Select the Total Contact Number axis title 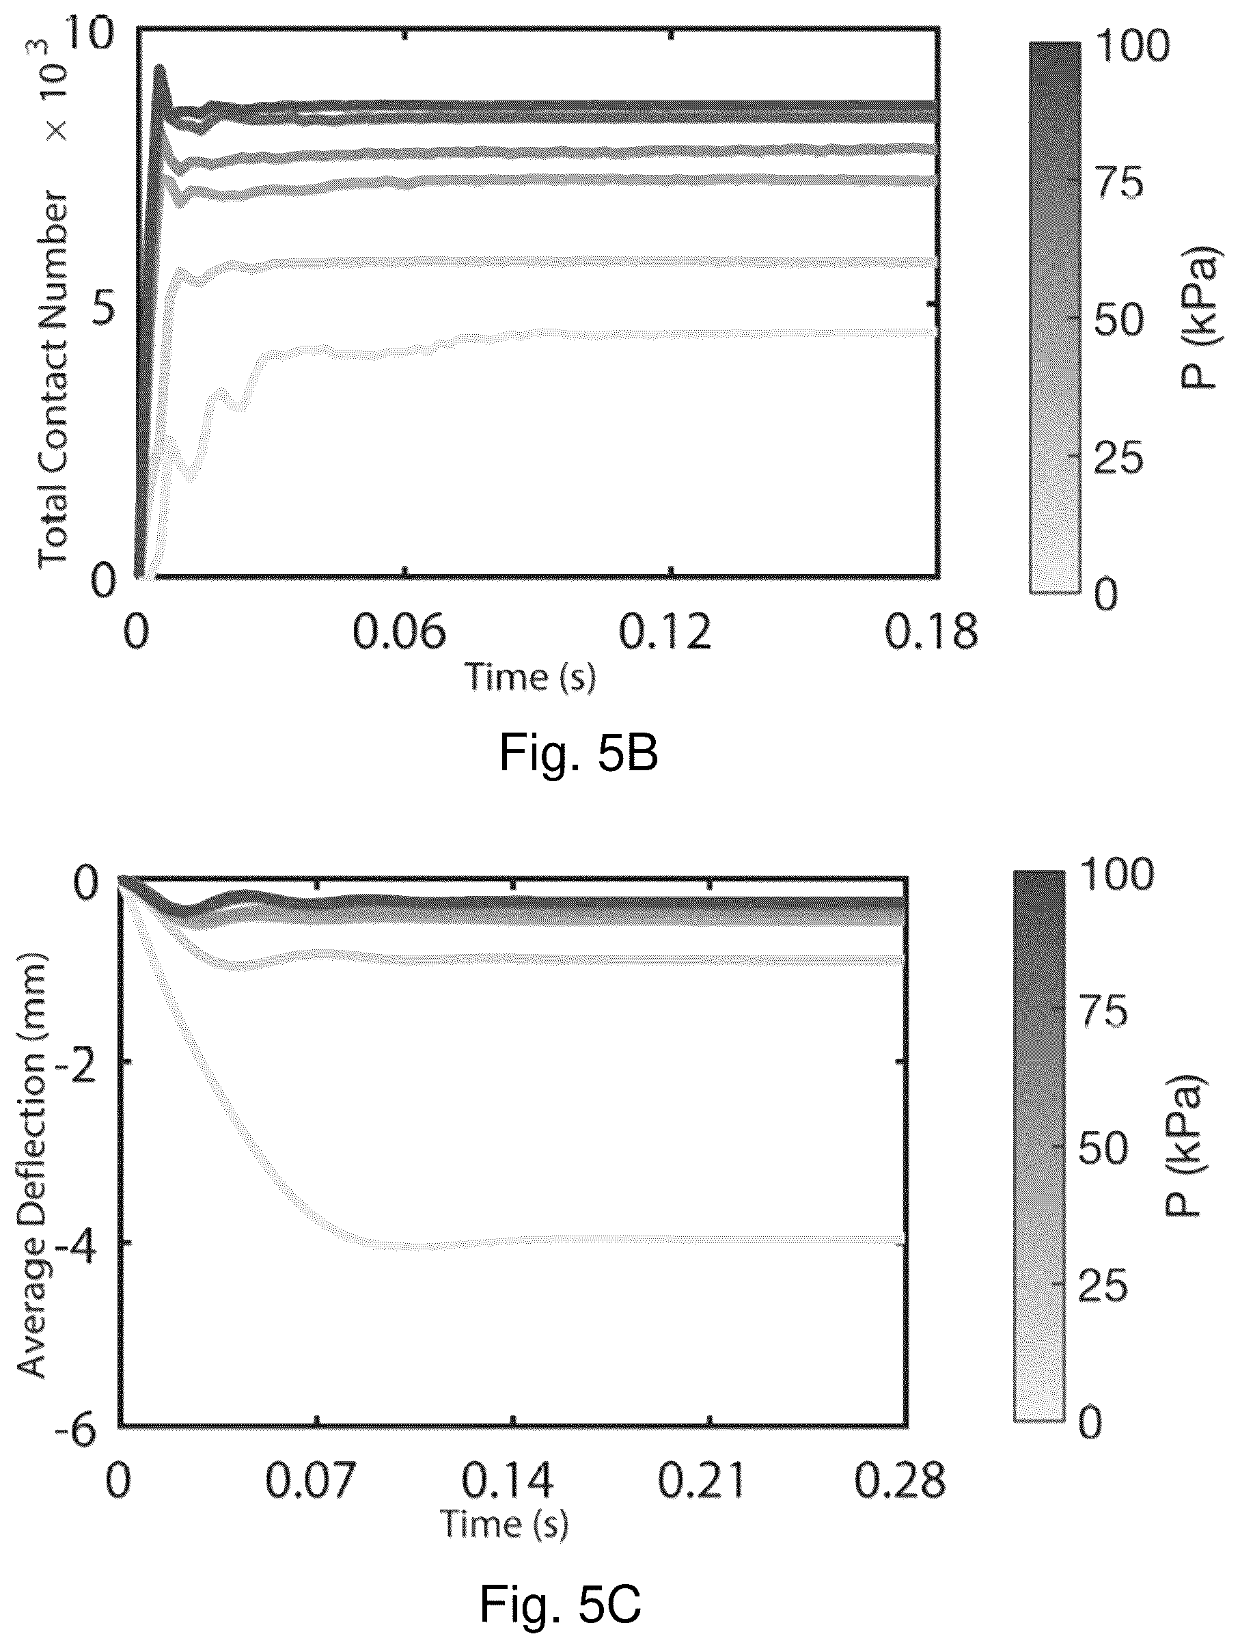[x=53, y=380]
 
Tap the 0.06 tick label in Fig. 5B [x=399, y=632]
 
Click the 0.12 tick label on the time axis [x=665, y=632]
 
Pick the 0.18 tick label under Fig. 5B [x=931, y=632]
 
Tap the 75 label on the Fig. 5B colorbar [x=1118, y=182]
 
